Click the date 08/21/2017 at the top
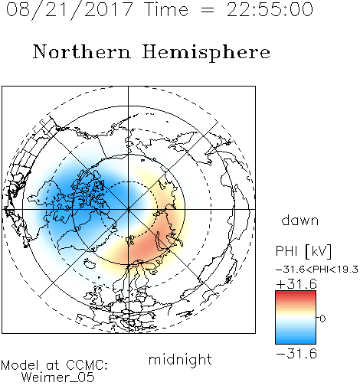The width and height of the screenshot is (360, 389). pos(70,10)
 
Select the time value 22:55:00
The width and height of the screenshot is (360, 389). pos(270,10)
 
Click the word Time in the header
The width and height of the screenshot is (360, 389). pos(166,10)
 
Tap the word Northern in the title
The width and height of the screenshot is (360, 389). pos(82,51)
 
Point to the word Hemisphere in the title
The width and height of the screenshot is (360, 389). pos(206,53)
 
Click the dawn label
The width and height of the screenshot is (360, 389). pos(300,220)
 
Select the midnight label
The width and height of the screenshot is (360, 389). pos(180,359)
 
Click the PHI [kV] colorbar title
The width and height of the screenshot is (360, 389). pos(303,251)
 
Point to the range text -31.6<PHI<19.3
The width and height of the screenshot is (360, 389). pos(317,270)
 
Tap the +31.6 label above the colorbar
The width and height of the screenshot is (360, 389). pos(296,284)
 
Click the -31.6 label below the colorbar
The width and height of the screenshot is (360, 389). pos(296,354)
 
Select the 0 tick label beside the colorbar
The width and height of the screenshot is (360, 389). pos(322,319)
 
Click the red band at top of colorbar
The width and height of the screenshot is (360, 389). pos(296,293)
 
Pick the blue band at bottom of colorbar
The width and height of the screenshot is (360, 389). pos(296,341)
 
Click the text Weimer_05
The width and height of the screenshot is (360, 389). pos(58,377)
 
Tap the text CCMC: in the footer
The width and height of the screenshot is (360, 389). pos(87,365)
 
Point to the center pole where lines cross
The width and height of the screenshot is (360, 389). pos(128,209)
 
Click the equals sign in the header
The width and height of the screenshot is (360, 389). pos(208,10)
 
